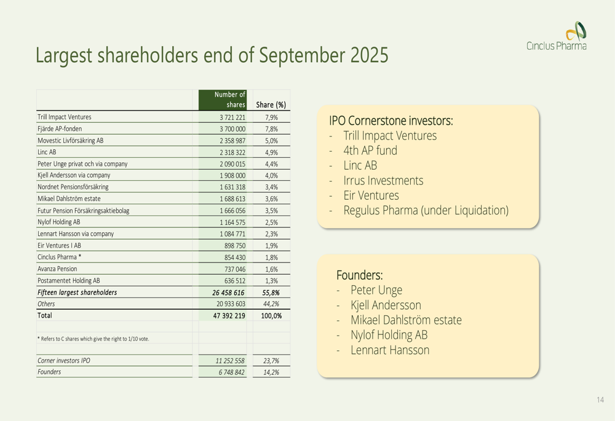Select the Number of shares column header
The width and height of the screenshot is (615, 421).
click(x=229, y=100)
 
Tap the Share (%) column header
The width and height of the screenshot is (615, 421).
click(x=271, y=105)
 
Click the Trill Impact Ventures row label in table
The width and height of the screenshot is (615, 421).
click(x=65, y=117)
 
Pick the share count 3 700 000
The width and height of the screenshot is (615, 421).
click(x=232, y=129)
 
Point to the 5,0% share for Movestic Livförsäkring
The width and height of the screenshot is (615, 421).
click(x=271, y=141)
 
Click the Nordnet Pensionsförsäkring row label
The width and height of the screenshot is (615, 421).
click(x=73, y=187)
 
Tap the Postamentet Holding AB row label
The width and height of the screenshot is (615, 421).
click(x=69, y=281)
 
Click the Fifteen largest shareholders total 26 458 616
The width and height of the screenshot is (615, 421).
click(x=228, y=293)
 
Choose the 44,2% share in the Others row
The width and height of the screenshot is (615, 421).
click(x=271, y=304)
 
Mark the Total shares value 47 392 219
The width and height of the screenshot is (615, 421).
click(x=228, y=316)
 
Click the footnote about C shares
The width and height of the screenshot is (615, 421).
click(x=93, y=339)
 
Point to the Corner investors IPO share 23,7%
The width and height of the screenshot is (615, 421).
click(x=271, y=361)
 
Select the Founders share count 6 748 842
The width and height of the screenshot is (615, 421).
click(x=231, y=372)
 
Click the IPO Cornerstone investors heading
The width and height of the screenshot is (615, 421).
click(x=391, y=121)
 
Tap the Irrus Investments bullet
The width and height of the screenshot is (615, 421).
click(x=383, y=181)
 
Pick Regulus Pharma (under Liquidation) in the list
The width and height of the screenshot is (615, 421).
click(x=426, y=210)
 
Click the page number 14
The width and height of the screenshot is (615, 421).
click(x=600, y=400)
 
